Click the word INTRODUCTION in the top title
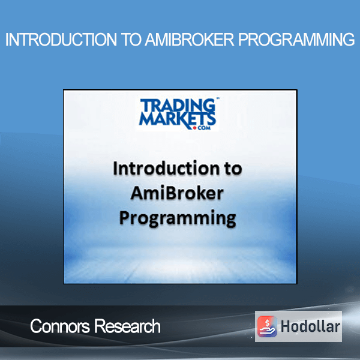[61, 40]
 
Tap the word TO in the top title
[131, 40]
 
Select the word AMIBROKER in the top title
[190, 40]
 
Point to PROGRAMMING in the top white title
[296, 40]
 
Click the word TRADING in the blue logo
[178, 105]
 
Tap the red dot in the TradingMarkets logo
[194, 128]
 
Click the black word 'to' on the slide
[233, 169]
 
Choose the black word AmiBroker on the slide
[177, 193]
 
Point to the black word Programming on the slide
[178, 218]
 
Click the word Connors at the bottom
[60, 326]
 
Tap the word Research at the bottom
[127, 326]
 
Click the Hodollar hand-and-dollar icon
[267, 326]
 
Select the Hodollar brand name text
[310, 326]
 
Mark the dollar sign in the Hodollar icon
[267, 323]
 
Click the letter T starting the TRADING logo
[145, 106]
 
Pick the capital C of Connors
[36, 326]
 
